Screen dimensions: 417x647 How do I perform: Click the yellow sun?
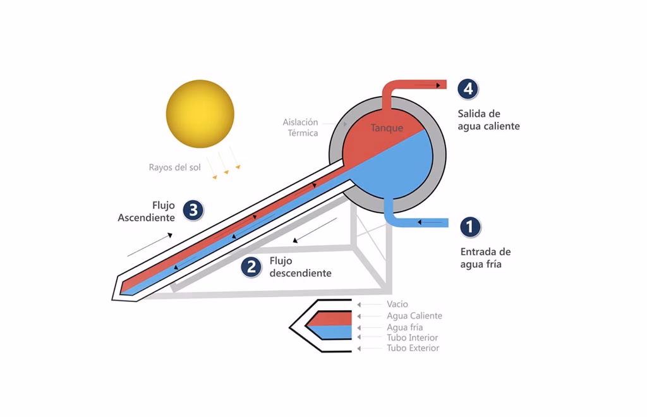coord(200,114)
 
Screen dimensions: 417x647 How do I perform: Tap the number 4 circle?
coord(468,89)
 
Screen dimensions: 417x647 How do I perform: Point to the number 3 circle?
coord(193,210)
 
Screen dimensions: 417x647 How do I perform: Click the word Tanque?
coord(387,128)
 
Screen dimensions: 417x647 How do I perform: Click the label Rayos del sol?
coord(175,167)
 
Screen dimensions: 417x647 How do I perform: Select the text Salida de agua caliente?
coord(488,120)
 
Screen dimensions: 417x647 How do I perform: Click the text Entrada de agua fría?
coord(485,258)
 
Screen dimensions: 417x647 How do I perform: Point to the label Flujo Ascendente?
coord(147,212)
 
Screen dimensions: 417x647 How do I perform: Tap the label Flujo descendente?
coord(300,267)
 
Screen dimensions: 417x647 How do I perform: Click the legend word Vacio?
coord(397,305)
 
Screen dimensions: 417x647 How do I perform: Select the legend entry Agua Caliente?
coord(414,316)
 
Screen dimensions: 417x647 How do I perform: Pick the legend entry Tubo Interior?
coord(412,338)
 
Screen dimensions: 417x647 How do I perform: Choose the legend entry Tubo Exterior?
coord(413,348)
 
